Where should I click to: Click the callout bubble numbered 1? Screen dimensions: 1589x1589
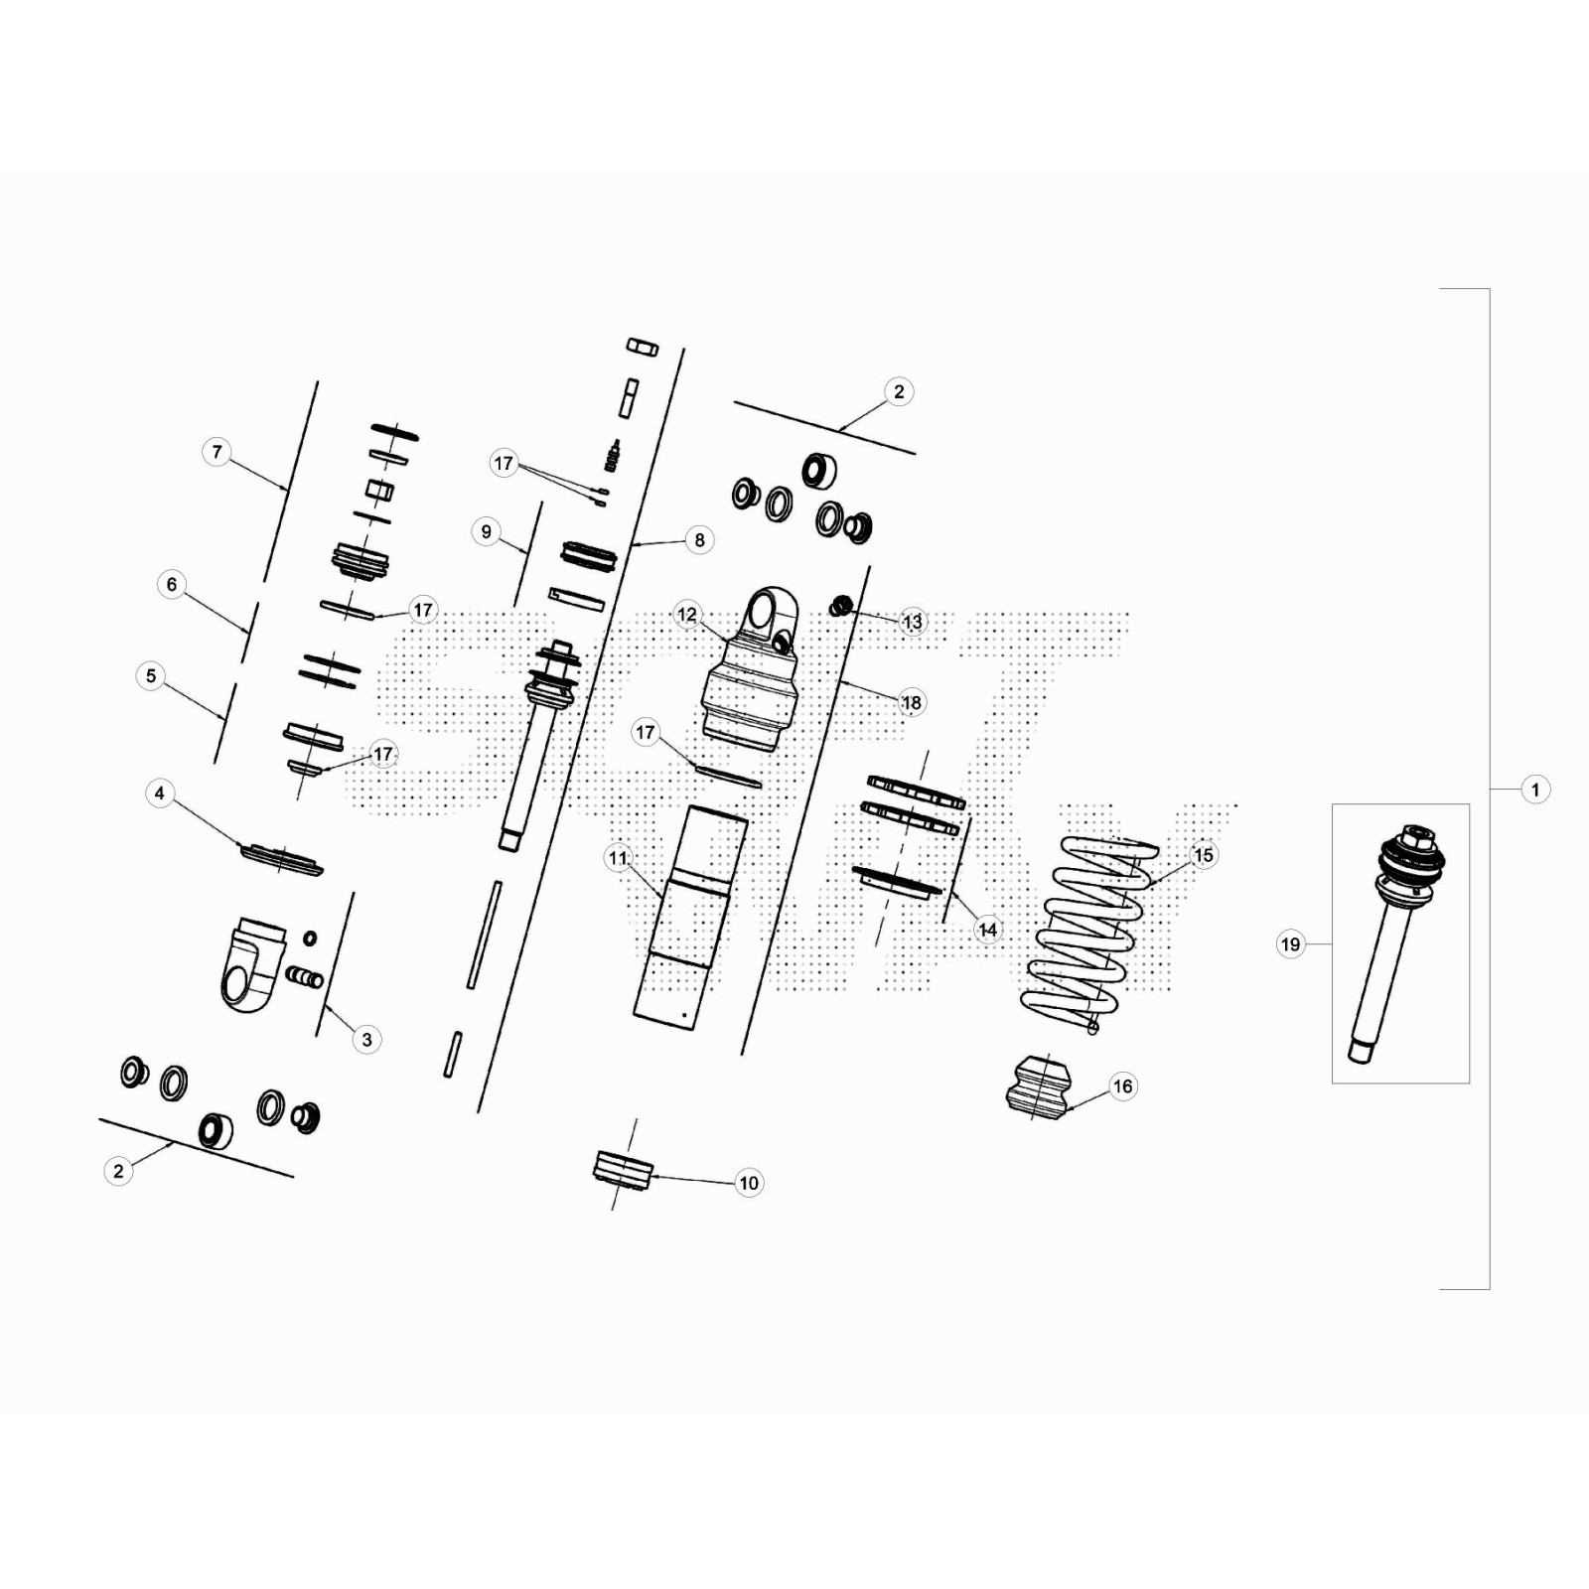[x=1535, y=790]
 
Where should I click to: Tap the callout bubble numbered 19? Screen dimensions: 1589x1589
[x=1290, y=944]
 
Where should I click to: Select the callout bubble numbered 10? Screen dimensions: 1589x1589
[x=749, y=1183]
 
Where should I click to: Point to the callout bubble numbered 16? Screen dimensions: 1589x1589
[x=1122, y=1086]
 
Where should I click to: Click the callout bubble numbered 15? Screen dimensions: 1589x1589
[x=1203, y=855]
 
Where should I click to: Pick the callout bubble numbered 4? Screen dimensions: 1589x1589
[x=160, y=794]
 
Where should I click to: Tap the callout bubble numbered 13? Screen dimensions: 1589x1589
[x=912, y=622]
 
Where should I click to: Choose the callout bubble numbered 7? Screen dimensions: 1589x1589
[x=217, y=452]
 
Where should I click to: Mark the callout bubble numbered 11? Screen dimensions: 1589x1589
[x=619, y=858]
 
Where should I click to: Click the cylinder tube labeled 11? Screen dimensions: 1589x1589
[x=691, y=915]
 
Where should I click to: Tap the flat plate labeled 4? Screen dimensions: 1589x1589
[x=281, y=859]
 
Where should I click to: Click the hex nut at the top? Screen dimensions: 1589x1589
[x=643, y=347]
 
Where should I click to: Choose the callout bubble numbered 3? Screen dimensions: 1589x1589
[x=366, y=1040]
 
